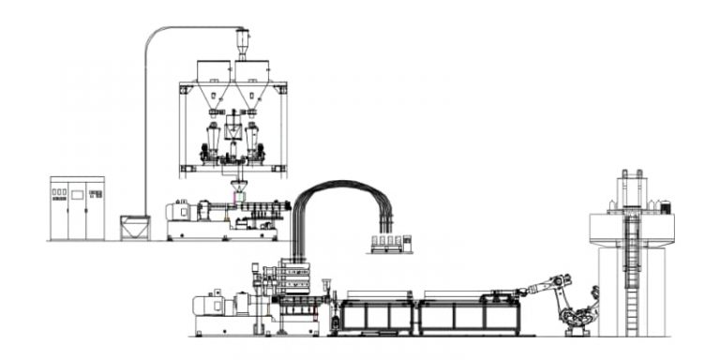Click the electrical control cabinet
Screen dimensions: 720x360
77,207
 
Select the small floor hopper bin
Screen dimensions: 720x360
134,227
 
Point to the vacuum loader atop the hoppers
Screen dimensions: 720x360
242,42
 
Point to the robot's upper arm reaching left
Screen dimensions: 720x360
542,283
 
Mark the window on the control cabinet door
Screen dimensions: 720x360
78,195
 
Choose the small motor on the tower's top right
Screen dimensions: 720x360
664,206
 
